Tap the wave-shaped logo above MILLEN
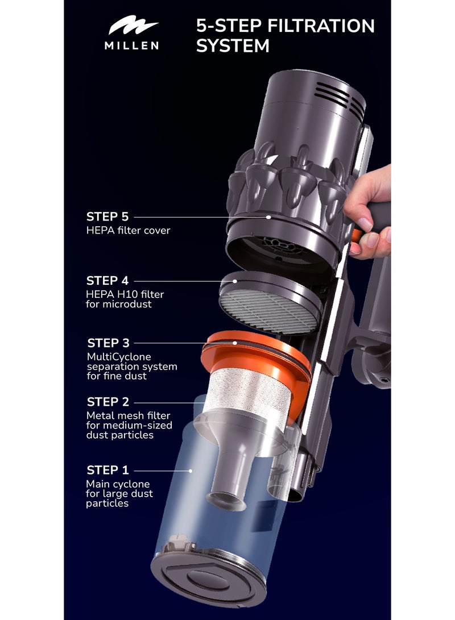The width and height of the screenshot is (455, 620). (x=133, y=27)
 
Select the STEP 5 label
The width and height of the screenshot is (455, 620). (x=107, y=217)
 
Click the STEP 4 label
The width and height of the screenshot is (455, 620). (x=107, y=281)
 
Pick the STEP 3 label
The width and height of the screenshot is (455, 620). (x=108, y=343)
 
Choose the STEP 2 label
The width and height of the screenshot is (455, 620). (x=107, y=402)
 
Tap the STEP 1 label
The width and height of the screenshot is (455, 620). (x=107, y=471)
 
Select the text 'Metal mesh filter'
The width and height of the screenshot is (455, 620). (x=128, y=416)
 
